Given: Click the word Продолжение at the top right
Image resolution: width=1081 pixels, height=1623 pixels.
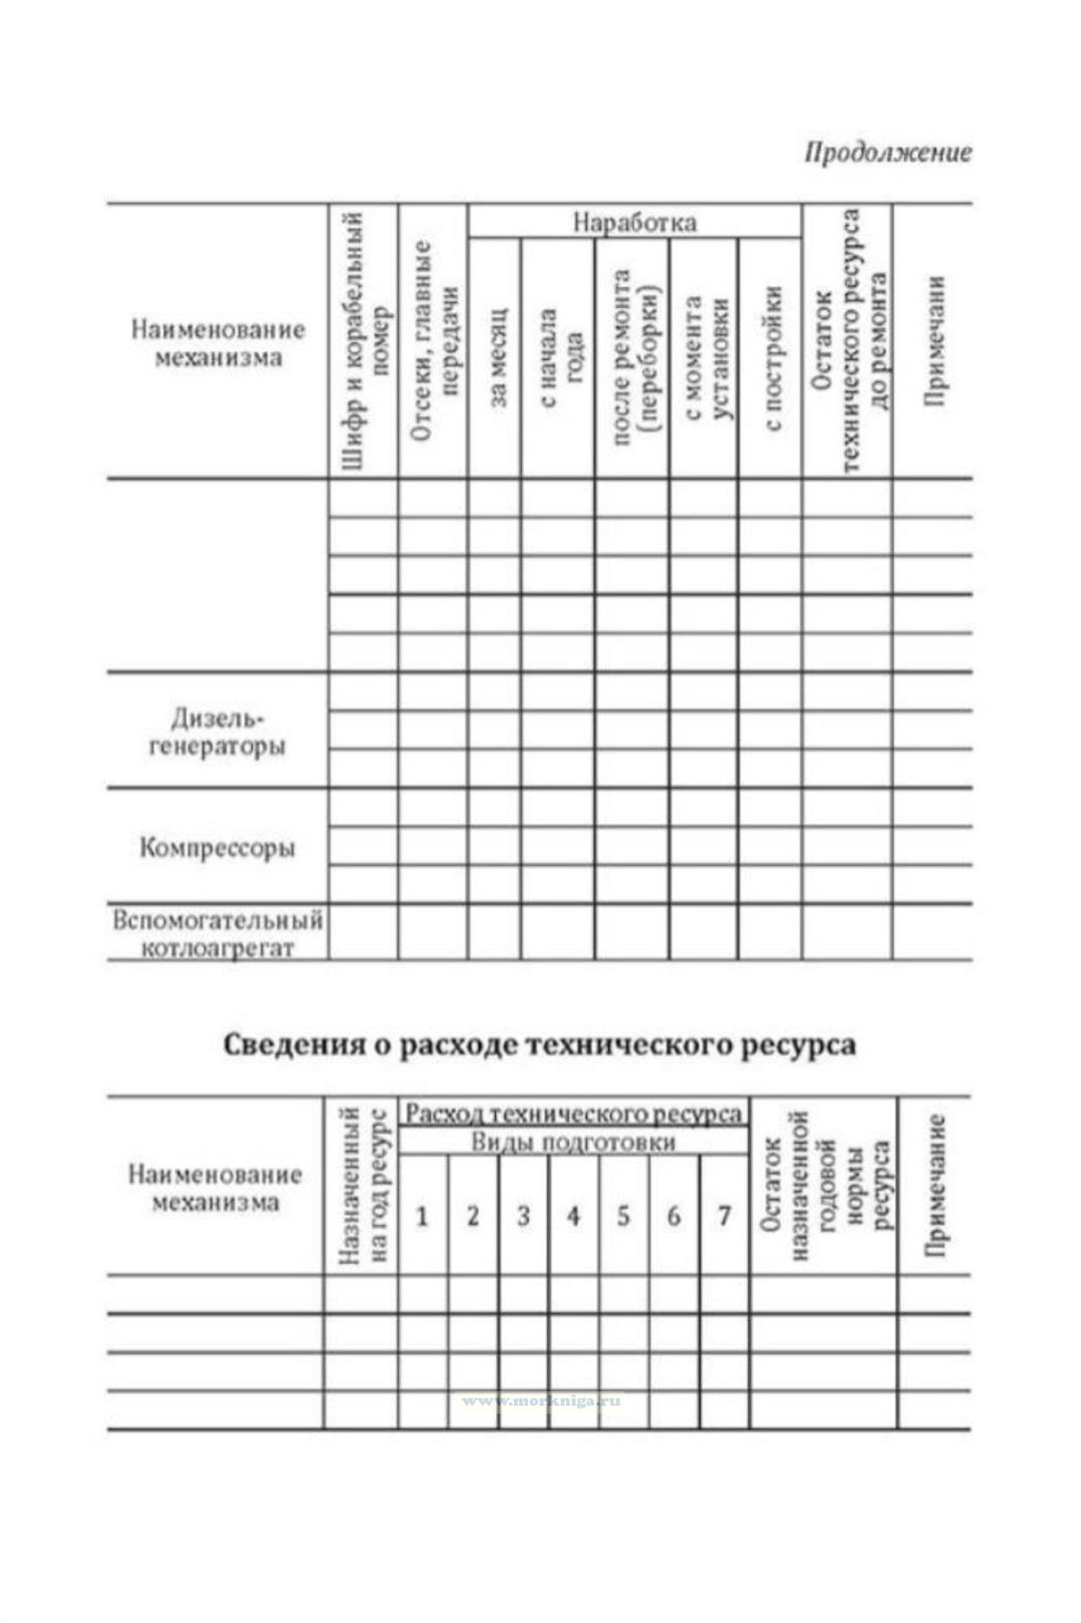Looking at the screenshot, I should coord(887,153).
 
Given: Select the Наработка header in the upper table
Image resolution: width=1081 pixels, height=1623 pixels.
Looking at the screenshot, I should coord(634,222).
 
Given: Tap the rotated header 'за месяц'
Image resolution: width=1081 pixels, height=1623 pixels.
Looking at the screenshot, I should coord(496,356).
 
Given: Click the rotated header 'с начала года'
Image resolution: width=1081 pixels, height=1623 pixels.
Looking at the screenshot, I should coord(560,356).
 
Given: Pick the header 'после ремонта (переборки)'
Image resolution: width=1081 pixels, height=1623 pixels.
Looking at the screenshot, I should coord(634,356).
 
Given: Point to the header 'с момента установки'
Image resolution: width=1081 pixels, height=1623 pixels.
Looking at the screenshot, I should coord(705,356).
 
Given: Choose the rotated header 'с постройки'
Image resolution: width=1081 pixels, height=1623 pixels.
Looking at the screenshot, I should coord(772,356).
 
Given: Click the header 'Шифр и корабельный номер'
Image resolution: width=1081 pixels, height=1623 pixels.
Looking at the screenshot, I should coord(364,342).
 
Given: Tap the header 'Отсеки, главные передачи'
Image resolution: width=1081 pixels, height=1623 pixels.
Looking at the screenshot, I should coord(433,342).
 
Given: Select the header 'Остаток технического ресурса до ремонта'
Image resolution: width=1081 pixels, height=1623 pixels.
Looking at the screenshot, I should coord(848,342).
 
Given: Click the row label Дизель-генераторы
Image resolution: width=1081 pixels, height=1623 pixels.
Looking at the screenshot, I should coord(216,731).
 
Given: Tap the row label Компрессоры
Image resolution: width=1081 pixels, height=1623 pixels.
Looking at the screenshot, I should coord(217,847).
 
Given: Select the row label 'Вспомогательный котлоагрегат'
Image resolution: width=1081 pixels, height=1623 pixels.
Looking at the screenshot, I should coord(217,933).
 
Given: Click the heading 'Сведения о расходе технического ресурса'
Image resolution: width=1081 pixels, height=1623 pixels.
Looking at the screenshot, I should coord(539,1044).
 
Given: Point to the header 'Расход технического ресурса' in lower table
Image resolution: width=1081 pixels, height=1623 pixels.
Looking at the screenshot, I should coord(574,1113).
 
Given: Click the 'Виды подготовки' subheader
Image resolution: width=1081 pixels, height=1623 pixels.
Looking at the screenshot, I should coord(573,1142).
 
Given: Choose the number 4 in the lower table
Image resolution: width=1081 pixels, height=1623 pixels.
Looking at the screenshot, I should coord(573,1216).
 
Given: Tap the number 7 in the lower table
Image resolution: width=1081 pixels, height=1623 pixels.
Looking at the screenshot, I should coord(724,1216).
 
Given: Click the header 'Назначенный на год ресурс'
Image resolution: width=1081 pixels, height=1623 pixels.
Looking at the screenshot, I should coord(363,1184).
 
